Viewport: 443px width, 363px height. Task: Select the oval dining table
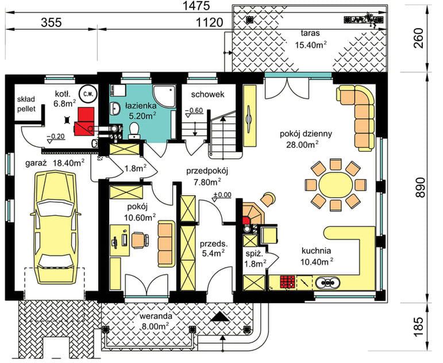coord(336,185)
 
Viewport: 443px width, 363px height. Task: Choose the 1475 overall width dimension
coord(197,6)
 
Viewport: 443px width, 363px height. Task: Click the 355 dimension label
coord(51,22)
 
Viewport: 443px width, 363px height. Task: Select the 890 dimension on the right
coord(420,187)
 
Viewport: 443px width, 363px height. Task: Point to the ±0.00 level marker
coord(222,195)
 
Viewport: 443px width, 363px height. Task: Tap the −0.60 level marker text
coord(194,110)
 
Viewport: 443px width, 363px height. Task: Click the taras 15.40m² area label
coord(310,39)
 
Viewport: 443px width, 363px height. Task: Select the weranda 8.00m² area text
coord(154,320)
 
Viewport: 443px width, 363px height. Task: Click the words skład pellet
coord(26,104)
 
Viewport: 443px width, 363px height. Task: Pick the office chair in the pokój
coord(140,240)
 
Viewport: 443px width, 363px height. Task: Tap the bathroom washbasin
coord(115,109)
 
